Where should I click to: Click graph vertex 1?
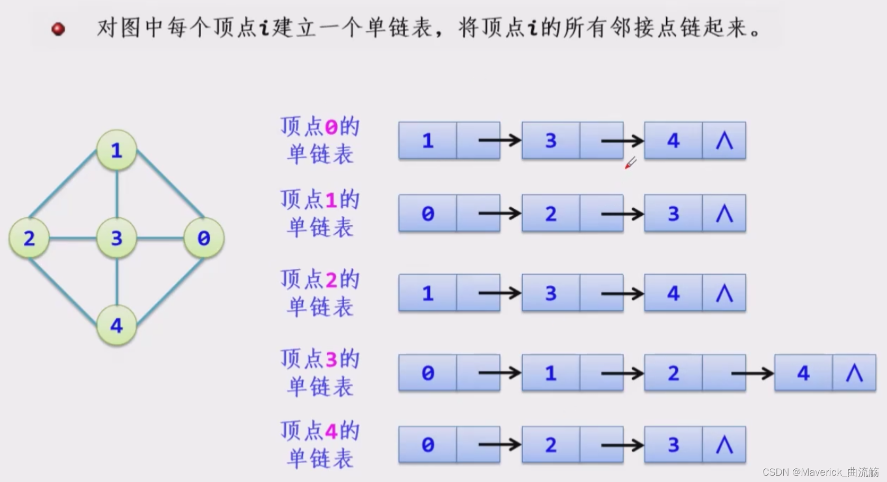click(117, 151)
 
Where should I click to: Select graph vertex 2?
click(29, 238)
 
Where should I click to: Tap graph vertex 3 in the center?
click(117, 238)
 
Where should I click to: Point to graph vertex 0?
click(204, 238)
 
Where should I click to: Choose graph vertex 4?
click(117, 325)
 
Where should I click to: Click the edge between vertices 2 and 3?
click(73, 238)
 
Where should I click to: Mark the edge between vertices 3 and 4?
click(117, 282)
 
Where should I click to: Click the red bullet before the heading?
click(58, 29)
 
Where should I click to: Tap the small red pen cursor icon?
click(630, 163)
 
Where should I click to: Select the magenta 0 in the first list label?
click(331, 127)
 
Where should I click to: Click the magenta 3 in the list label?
click(331, 360)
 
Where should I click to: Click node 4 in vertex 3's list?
click(803, 373)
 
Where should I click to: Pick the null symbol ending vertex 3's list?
click(854, 373)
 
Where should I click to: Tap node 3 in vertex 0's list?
click(551, 141)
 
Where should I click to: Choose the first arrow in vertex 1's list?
click(499, 214)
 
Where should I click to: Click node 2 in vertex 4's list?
click(551, 445)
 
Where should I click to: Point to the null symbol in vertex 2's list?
click(724, 293)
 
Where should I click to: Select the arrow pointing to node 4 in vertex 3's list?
click(752, 373)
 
